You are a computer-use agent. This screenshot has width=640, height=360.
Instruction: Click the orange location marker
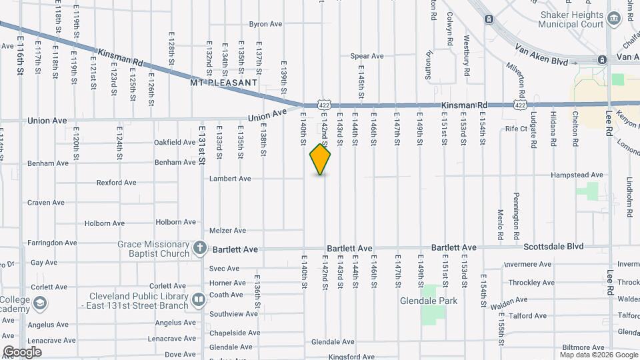pyautogui.click(x=321, y=159)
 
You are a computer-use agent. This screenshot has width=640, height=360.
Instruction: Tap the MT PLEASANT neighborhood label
pyautogui.click(x=223, y=83)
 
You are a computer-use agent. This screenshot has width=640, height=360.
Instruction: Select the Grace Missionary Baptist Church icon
pyautogui.click(x=199, y=249)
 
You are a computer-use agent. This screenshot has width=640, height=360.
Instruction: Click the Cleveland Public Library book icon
pyautogui.click(x=198, y=299)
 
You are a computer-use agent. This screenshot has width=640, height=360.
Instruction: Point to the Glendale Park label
pyautogui.click(x=429, y=301)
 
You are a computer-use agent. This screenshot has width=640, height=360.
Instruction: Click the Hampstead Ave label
pyautogui.click(x=577, y=175)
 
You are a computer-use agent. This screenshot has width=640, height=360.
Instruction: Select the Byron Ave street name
pyautogui.click(x=265, y=24)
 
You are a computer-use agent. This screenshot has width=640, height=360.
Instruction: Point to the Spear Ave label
pyautogui.click(x=367, y=57)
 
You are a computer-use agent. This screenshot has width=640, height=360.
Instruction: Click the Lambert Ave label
pyautogui.click(x=230, y=179)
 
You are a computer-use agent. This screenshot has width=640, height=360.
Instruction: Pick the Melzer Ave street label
pyautogui.click(x=227, y=231)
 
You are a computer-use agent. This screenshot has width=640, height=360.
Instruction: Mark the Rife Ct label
pyautogui.click(x=516, y=129)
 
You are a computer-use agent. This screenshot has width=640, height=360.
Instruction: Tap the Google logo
pyautogui.click(x=22, y=352)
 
